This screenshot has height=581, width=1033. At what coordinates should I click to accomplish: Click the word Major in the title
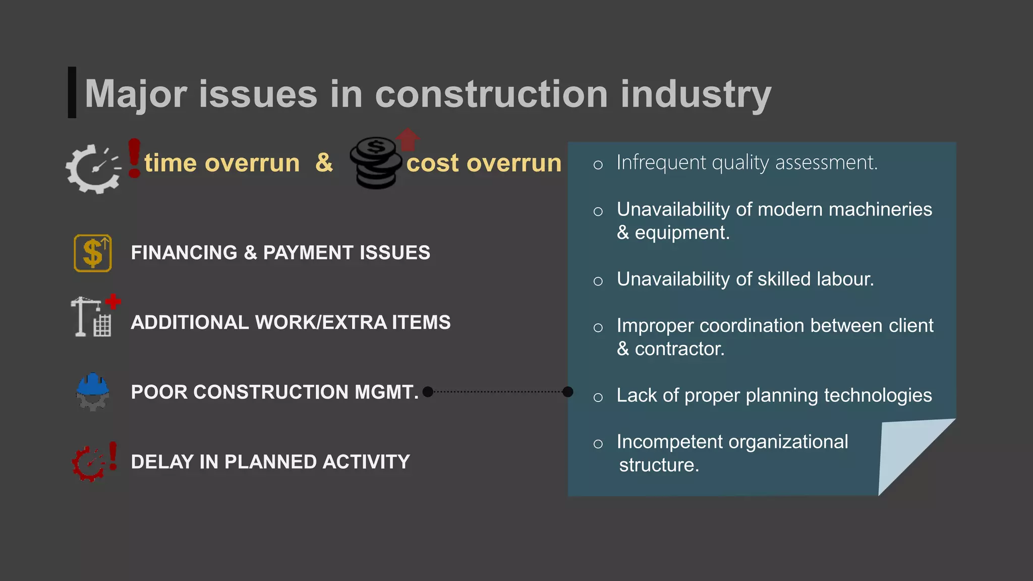[136, 94]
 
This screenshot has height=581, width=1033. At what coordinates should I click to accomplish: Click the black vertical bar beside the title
[72, 92]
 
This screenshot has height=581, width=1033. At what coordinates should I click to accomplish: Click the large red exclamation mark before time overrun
[134, 158]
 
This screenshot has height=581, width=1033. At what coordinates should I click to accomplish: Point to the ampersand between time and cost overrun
[324, 162]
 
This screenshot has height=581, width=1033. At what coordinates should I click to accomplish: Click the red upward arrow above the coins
[408, 139]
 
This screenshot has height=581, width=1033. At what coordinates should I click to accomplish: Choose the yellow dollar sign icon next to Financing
[93, 253]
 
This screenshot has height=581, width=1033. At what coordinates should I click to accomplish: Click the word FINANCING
[184, 253]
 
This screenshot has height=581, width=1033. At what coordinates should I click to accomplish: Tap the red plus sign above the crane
[113, 302]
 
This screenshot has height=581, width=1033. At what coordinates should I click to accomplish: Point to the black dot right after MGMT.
[428, 392]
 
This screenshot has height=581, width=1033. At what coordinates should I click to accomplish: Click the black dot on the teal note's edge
[568, 392]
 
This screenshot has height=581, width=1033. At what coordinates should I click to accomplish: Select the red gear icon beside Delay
[89, 463]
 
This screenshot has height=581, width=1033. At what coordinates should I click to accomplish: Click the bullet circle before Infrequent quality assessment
[598, 164]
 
